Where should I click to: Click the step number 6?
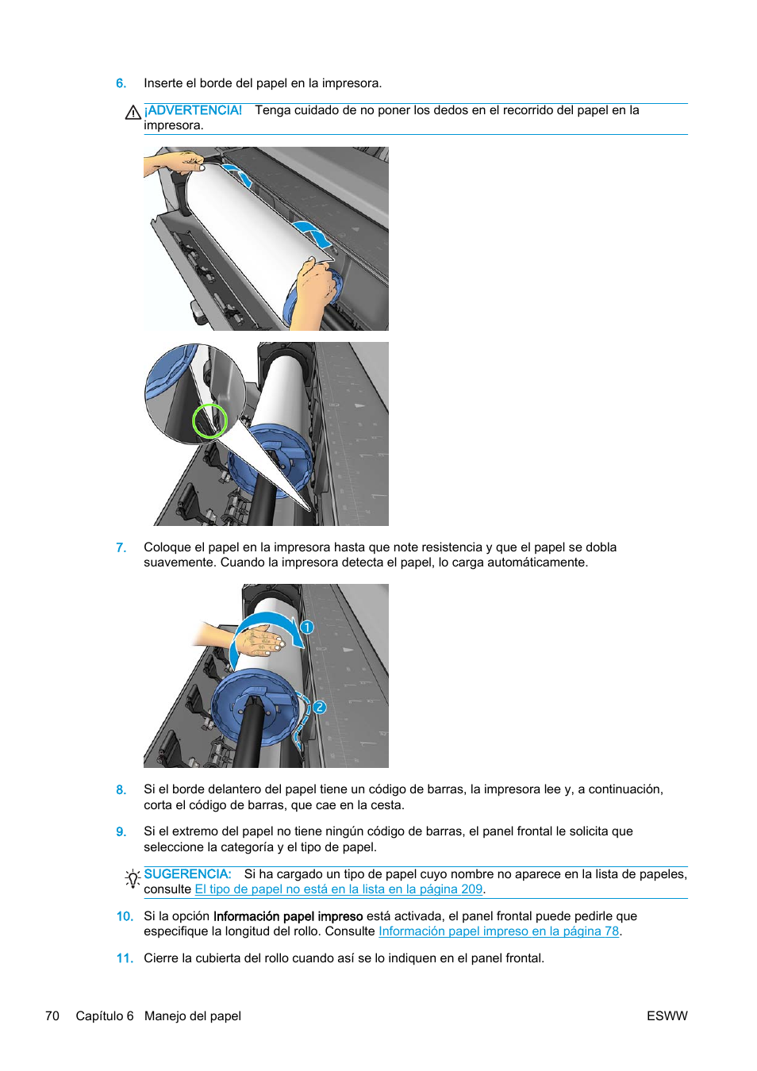click(121, 83)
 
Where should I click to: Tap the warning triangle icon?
click(133, 113)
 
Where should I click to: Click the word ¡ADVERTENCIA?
click(194, 110)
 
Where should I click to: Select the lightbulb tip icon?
click(133, 878)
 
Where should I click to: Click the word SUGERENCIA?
click(187, 874)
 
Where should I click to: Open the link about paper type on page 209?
click(339, 889)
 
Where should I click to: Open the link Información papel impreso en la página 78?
click(498, 931)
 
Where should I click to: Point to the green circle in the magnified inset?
click(209, 420)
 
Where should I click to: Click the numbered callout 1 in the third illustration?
click(307, 628)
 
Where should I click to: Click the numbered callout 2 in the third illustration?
click(319, 707)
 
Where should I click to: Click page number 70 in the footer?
click(52, 1016)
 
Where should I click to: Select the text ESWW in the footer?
click(667, 1016)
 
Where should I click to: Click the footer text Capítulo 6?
click(105, 1016)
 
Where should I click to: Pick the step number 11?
click(125, 958)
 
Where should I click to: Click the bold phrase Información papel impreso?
click(288, 916)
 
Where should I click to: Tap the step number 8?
click(121, 790)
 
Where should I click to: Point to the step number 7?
click(121, 547)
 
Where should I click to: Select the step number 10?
click(125, 916)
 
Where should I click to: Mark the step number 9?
click(121, 832)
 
